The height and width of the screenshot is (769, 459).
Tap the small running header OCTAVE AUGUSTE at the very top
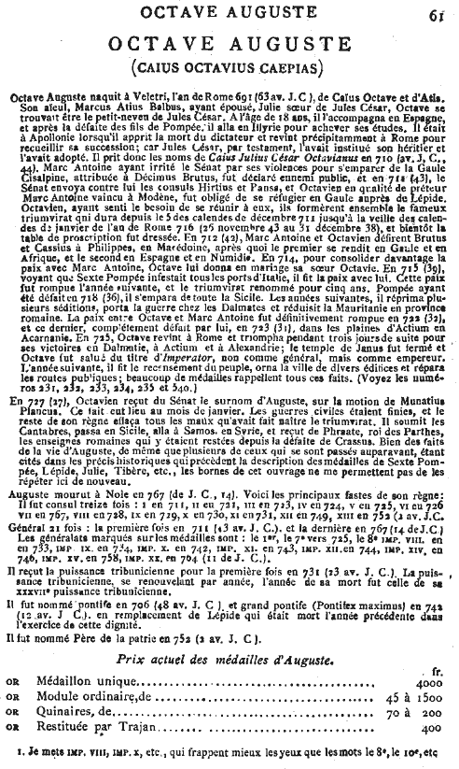click(228, 10)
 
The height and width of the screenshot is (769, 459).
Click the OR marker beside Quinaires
click(12, 700)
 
